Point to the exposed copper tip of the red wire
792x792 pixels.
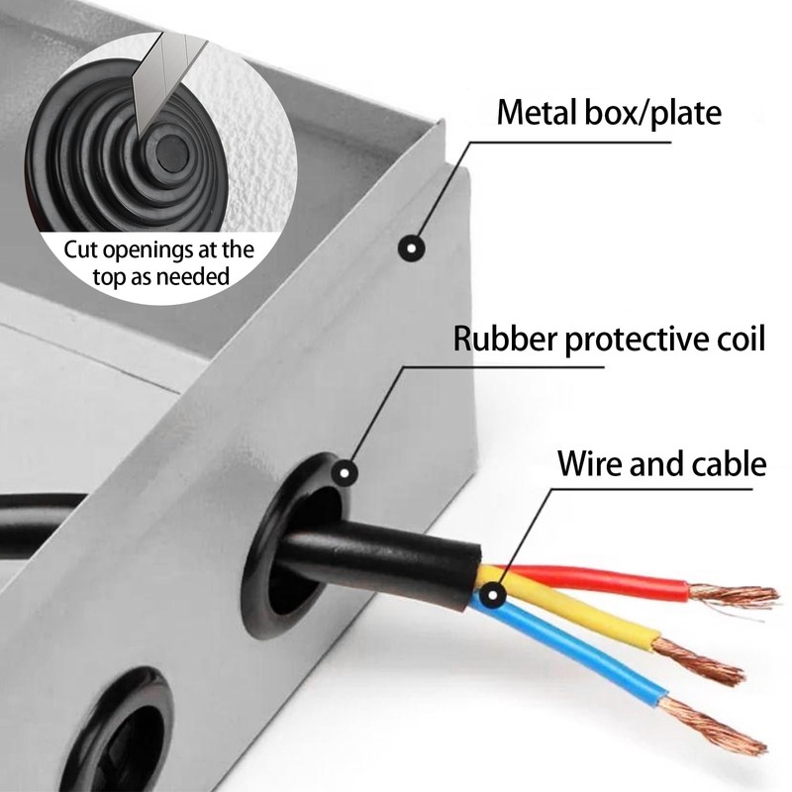733,597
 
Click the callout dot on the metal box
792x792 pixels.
411,248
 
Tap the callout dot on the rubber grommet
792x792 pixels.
345,473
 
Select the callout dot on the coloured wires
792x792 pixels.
491,595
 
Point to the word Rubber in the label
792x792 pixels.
506,338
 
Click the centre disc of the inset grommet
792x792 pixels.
171,151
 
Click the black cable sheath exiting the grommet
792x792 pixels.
379,560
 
